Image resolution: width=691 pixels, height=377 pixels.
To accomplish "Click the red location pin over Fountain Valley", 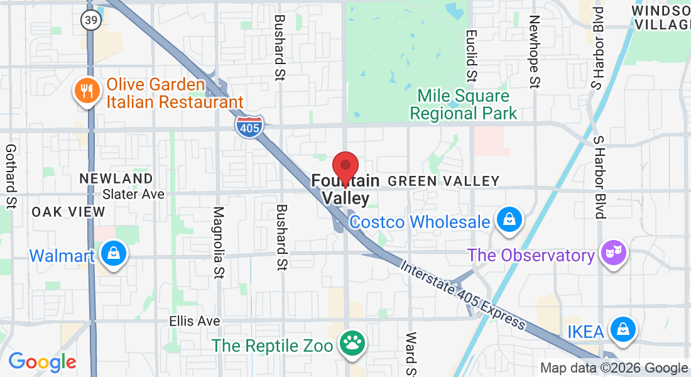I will tap(345, 168).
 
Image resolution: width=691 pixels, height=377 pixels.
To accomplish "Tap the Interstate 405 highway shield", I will tap(249, 126).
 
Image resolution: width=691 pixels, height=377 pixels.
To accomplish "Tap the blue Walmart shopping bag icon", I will tap(113, 254).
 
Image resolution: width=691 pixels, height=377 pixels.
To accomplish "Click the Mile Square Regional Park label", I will tap(464, 105).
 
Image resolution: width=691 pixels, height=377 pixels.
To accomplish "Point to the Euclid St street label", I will tap(471, 55).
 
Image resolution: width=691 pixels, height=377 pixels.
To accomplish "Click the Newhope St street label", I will tap(534, 52).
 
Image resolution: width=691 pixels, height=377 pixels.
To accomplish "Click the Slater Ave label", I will tap(133, 194).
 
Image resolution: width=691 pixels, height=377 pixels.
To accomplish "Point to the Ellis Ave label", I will tap(195, 321).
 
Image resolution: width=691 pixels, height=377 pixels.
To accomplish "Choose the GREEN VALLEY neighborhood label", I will tap(443, 182).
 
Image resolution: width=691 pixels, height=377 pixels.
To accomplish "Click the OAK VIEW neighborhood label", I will tap(69, 212).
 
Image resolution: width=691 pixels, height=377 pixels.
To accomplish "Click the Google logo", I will tap(42, 362).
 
